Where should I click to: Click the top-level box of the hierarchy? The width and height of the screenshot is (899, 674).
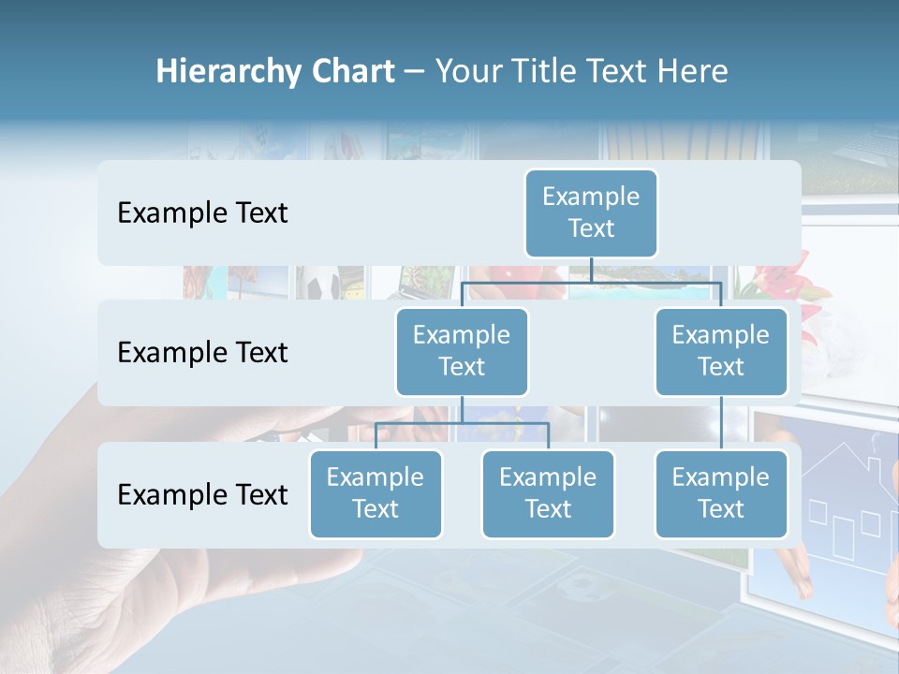(x=591, y=212)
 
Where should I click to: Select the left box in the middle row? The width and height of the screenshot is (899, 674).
(x=462, y=351)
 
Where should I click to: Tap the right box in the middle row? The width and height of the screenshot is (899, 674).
(x=721, y=351)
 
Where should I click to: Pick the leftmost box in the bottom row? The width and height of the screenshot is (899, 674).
(x=376, y=493)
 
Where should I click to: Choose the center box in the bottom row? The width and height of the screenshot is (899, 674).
(x=548, y=493)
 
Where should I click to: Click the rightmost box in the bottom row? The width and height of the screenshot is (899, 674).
(x=721, y=493)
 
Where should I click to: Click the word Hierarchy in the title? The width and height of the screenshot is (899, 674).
(x=228, y=72)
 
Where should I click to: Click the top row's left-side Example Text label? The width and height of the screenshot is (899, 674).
(x=202, y=213)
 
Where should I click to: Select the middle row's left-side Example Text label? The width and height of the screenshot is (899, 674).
(x=202, y=353)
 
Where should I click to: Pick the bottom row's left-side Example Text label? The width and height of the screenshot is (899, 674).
(x=202, y=494)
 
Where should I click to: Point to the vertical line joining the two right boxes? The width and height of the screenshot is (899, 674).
(x=721, y=423)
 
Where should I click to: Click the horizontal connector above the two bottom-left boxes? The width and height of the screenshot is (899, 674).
(x=462, y=423)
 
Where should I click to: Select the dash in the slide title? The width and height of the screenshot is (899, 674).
(x=414, y=72)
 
